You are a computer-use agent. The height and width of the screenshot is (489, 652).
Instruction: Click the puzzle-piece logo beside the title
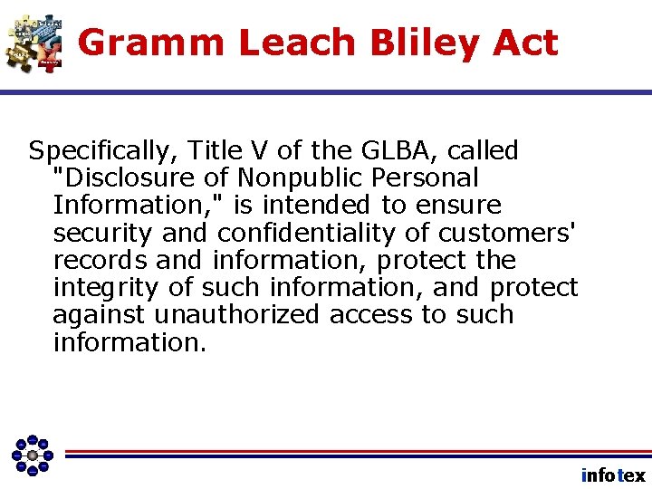click(34, 42)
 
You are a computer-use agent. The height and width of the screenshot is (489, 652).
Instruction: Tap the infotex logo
click(613, 475)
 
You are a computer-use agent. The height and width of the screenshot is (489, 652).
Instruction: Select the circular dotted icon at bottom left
click(33, 455)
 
